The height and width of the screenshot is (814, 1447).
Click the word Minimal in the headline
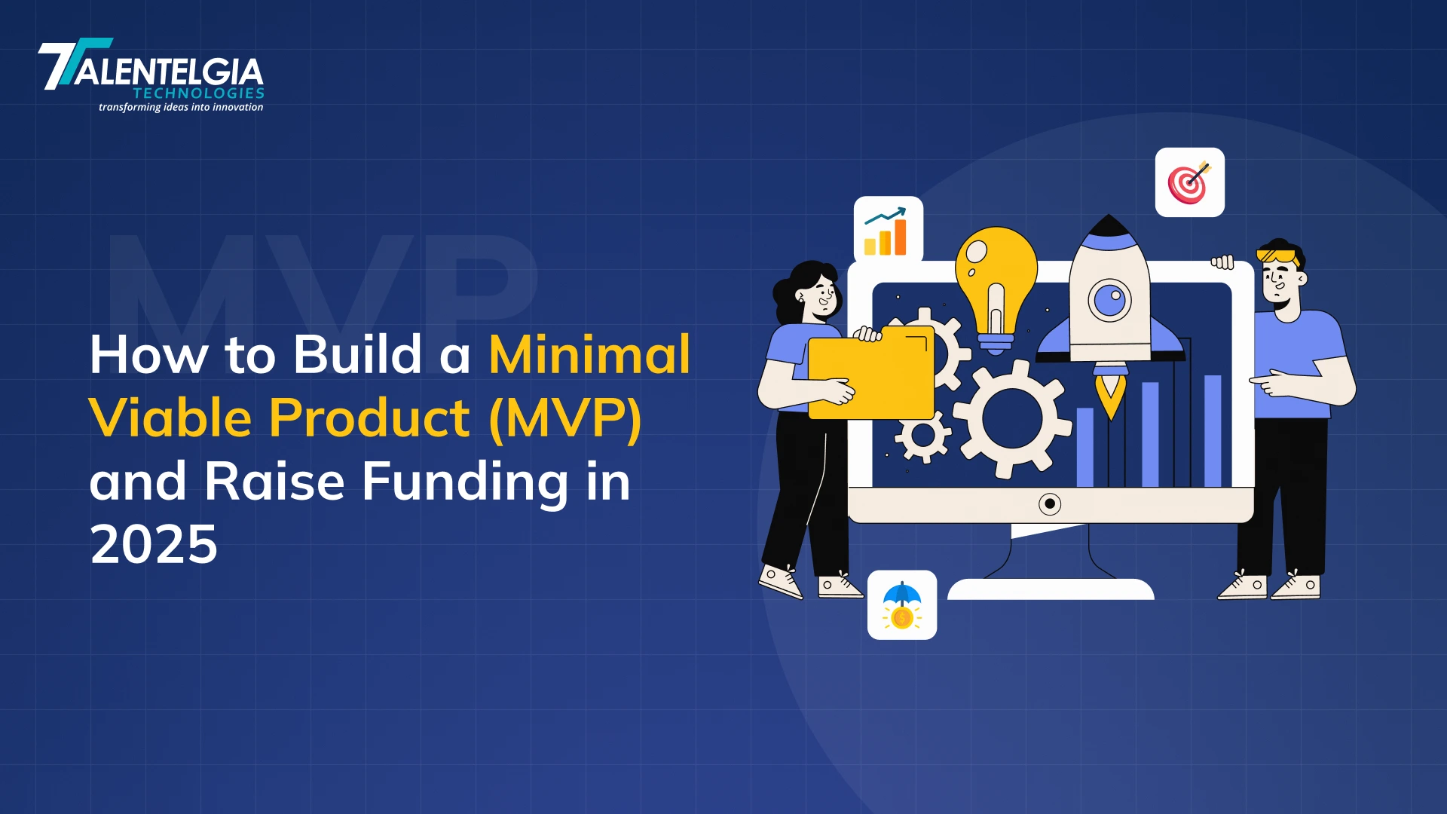[589, 354]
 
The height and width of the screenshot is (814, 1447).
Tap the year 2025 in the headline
[154, 544]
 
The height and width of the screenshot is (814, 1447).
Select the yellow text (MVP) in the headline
[565, 418]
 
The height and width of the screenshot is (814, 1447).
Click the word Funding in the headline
[466, 482]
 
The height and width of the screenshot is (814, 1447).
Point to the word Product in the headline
[370, 418]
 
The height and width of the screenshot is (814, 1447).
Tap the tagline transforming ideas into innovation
[181, 107]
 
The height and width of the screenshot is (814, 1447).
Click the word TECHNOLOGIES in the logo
[199, 93]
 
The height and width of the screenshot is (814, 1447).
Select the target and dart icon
[1189, 182]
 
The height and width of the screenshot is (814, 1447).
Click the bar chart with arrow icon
[888, 231]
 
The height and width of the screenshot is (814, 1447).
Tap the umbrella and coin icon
[902, 605]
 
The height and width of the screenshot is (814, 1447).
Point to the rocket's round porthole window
[1109, 300]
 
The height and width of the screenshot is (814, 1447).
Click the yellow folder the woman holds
[871, 373]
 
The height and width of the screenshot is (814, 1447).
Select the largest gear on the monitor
[1012, 418]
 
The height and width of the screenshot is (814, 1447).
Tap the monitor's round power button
[1050, 503]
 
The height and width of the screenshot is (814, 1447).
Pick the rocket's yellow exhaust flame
[1110, 395]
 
